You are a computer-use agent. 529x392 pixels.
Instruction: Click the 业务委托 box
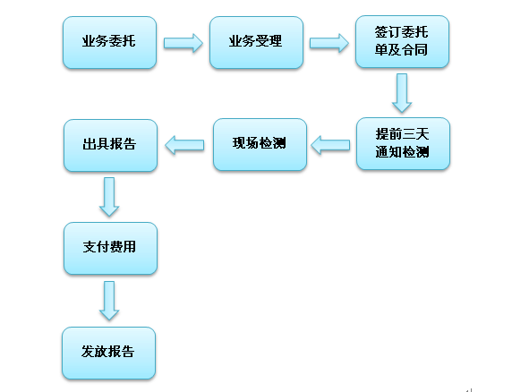click(109, 42)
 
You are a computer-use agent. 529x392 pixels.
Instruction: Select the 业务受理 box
click(256, 42)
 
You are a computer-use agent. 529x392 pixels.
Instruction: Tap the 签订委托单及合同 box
click(402, 41)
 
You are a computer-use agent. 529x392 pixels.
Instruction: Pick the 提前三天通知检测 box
click(403, 144)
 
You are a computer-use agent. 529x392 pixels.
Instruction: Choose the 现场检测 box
click(260, 144)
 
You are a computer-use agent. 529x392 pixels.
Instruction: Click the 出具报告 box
click(110, 145)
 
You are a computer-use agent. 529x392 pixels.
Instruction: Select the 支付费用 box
click(110, 248)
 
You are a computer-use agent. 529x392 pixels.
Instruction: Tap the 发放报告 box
click(108, 353)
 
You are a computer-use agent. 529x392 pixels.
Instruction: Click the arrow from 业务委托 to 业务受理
click(183, 43)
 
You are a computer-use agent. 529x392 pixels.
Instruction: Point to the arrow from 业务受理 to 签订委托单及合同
click(328, 43)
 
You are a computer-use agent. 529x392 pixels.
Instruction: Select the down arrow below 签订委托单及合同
click(402, 93)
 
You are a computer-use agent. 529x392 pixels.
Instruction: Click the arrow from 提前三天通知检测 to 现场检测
click(330, 145)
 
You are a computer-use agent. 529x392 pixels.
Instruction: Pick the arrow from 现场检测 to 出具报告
click(184, 145)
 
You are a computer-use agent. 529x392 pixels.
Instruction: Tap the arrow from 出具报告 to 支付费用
click(109, 197)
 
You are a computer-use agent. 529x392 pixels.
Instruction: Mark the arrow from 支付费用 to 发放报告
click(109, 301)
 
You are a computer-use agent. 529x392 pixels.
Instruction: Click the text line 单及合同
click(401, 49)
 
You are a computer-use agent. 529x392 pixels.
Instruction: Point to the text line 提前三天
click(402, 134)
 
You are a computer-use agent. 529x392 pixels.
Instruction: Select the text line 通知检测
click(402, 152)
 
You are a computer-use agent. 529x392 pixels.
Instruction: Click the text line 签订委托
click(402, 32)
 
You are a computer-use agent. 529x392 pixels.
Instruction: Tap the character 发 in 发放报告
click(88, 352)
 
